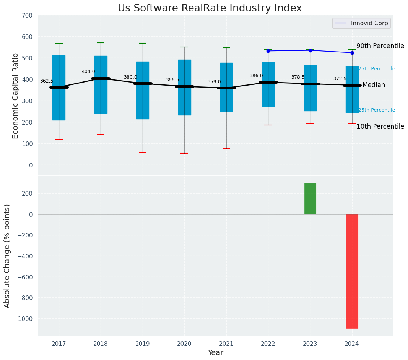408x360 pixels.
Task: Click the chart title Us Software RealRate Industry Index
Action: [x=210, y=8]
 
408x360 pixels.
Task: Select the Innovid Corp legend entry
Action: [x=361, y=23]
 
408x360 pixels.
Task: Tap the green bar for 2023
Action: [x=310, y=199]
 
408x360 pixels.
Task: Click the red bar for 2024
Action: [x=352, y=271]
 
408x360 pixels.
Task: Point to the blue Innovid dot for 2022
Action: [x=268, y=51]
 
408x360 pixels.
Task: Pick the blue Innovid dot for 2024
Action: [x=352, y=53]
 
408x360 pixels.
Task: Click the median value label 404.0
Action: [x=88, y=71]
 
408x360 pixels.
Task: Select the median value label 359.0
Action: [x=214, y=82]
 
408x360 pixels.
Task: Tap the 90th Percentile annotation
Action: [x=380, y=46]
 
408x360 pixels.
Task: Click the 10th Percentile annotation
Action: [x=380, y=126]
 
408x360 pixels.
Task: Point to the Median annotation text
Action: [x=374, y=85]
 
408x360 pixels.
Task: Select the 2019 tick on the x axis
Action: [x=143, y=344]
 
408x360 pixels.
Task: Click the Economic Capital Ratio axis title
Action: [x=16, y=96]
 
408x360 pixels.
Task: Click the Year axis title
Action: [x=216, y=353]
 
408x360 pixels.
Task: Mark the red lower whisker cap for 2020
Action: [x=184, y=153]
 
